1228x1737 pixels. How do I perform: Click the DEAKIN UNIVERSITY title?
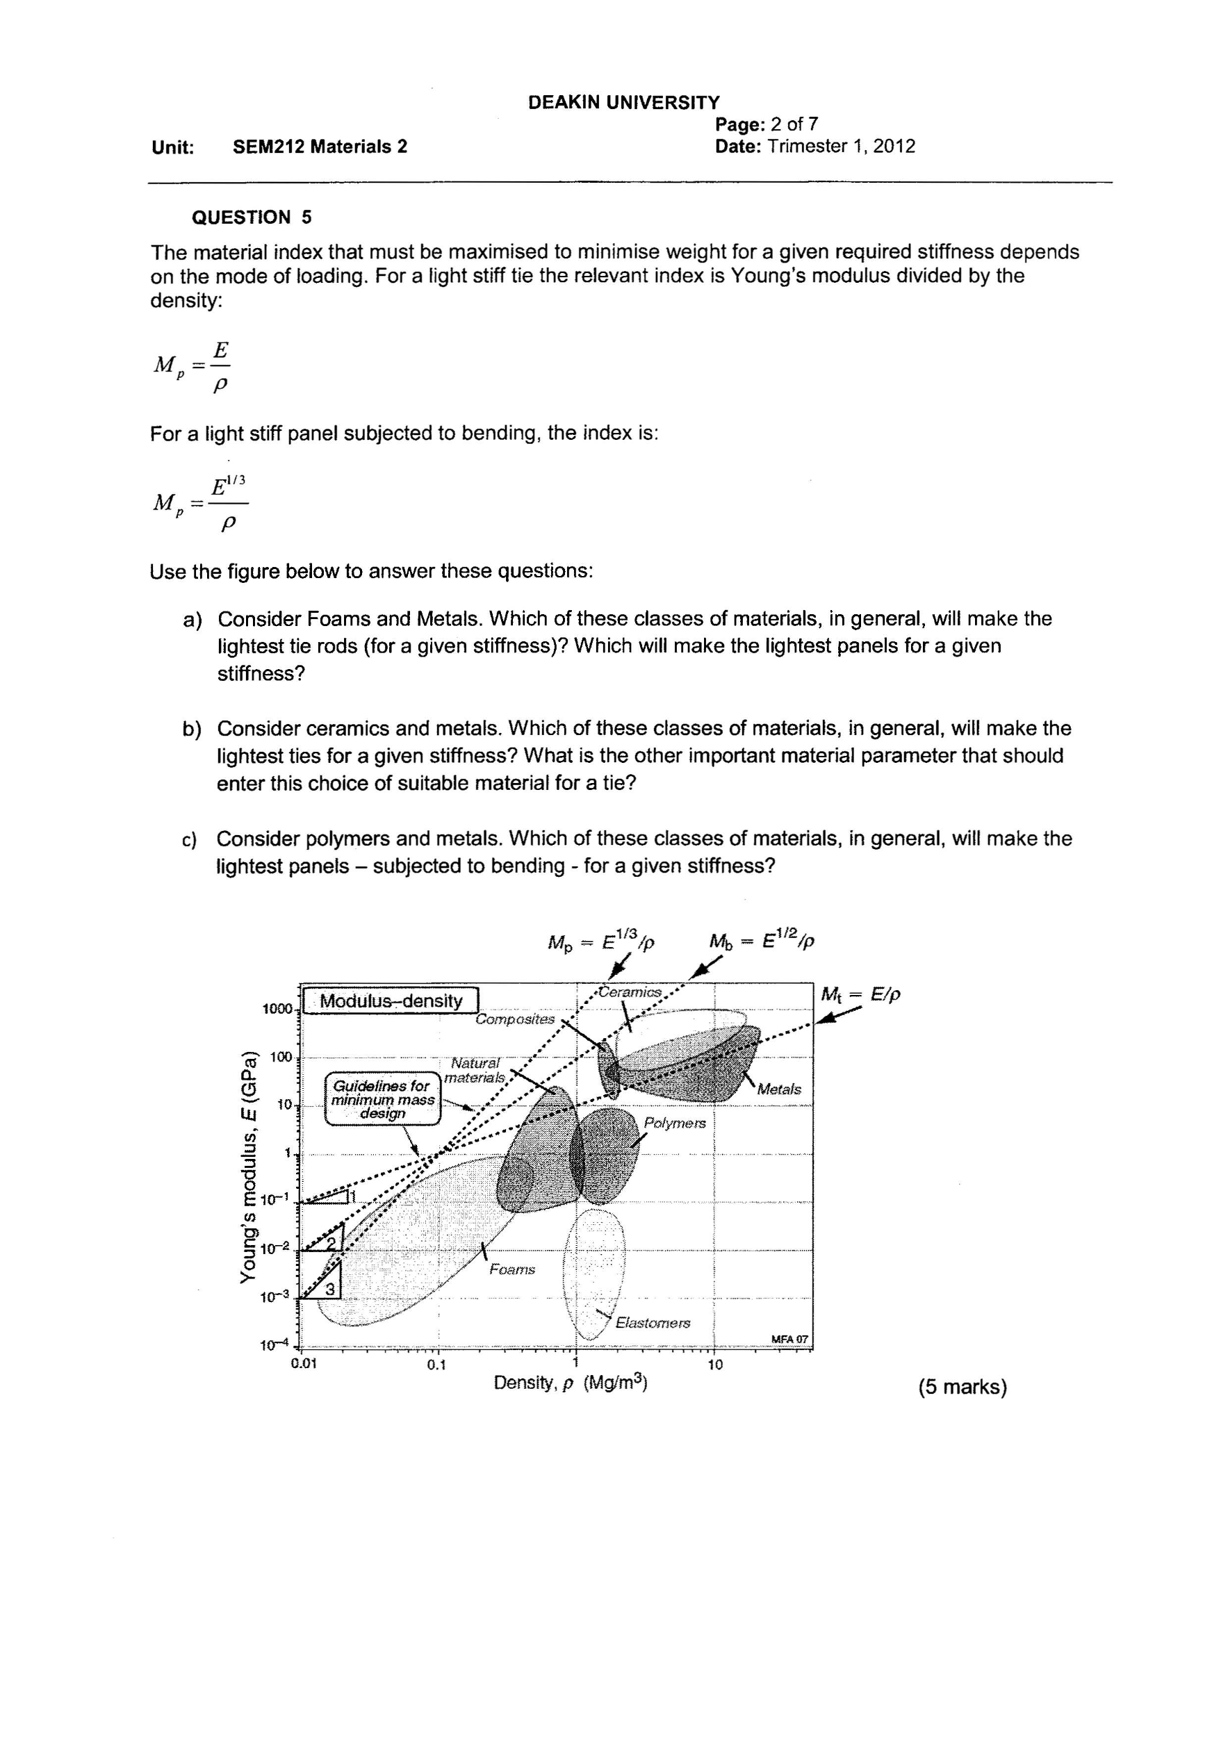tap(623, 102)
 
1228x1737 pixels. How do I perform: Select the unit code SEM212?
tap(268, 147)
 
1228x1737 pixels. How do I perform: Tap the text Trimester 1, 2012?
tap(841, 147)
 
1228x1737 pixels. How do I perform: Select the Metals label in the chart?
tap(778, 1089)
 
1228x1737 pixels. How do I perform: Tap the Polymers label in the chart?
tap(674, 1123)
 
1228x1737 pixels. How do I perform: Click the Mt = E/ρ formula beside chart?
tap(860, 995)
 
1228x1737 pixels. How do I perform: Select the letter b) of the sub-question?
tap(193, 730)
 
